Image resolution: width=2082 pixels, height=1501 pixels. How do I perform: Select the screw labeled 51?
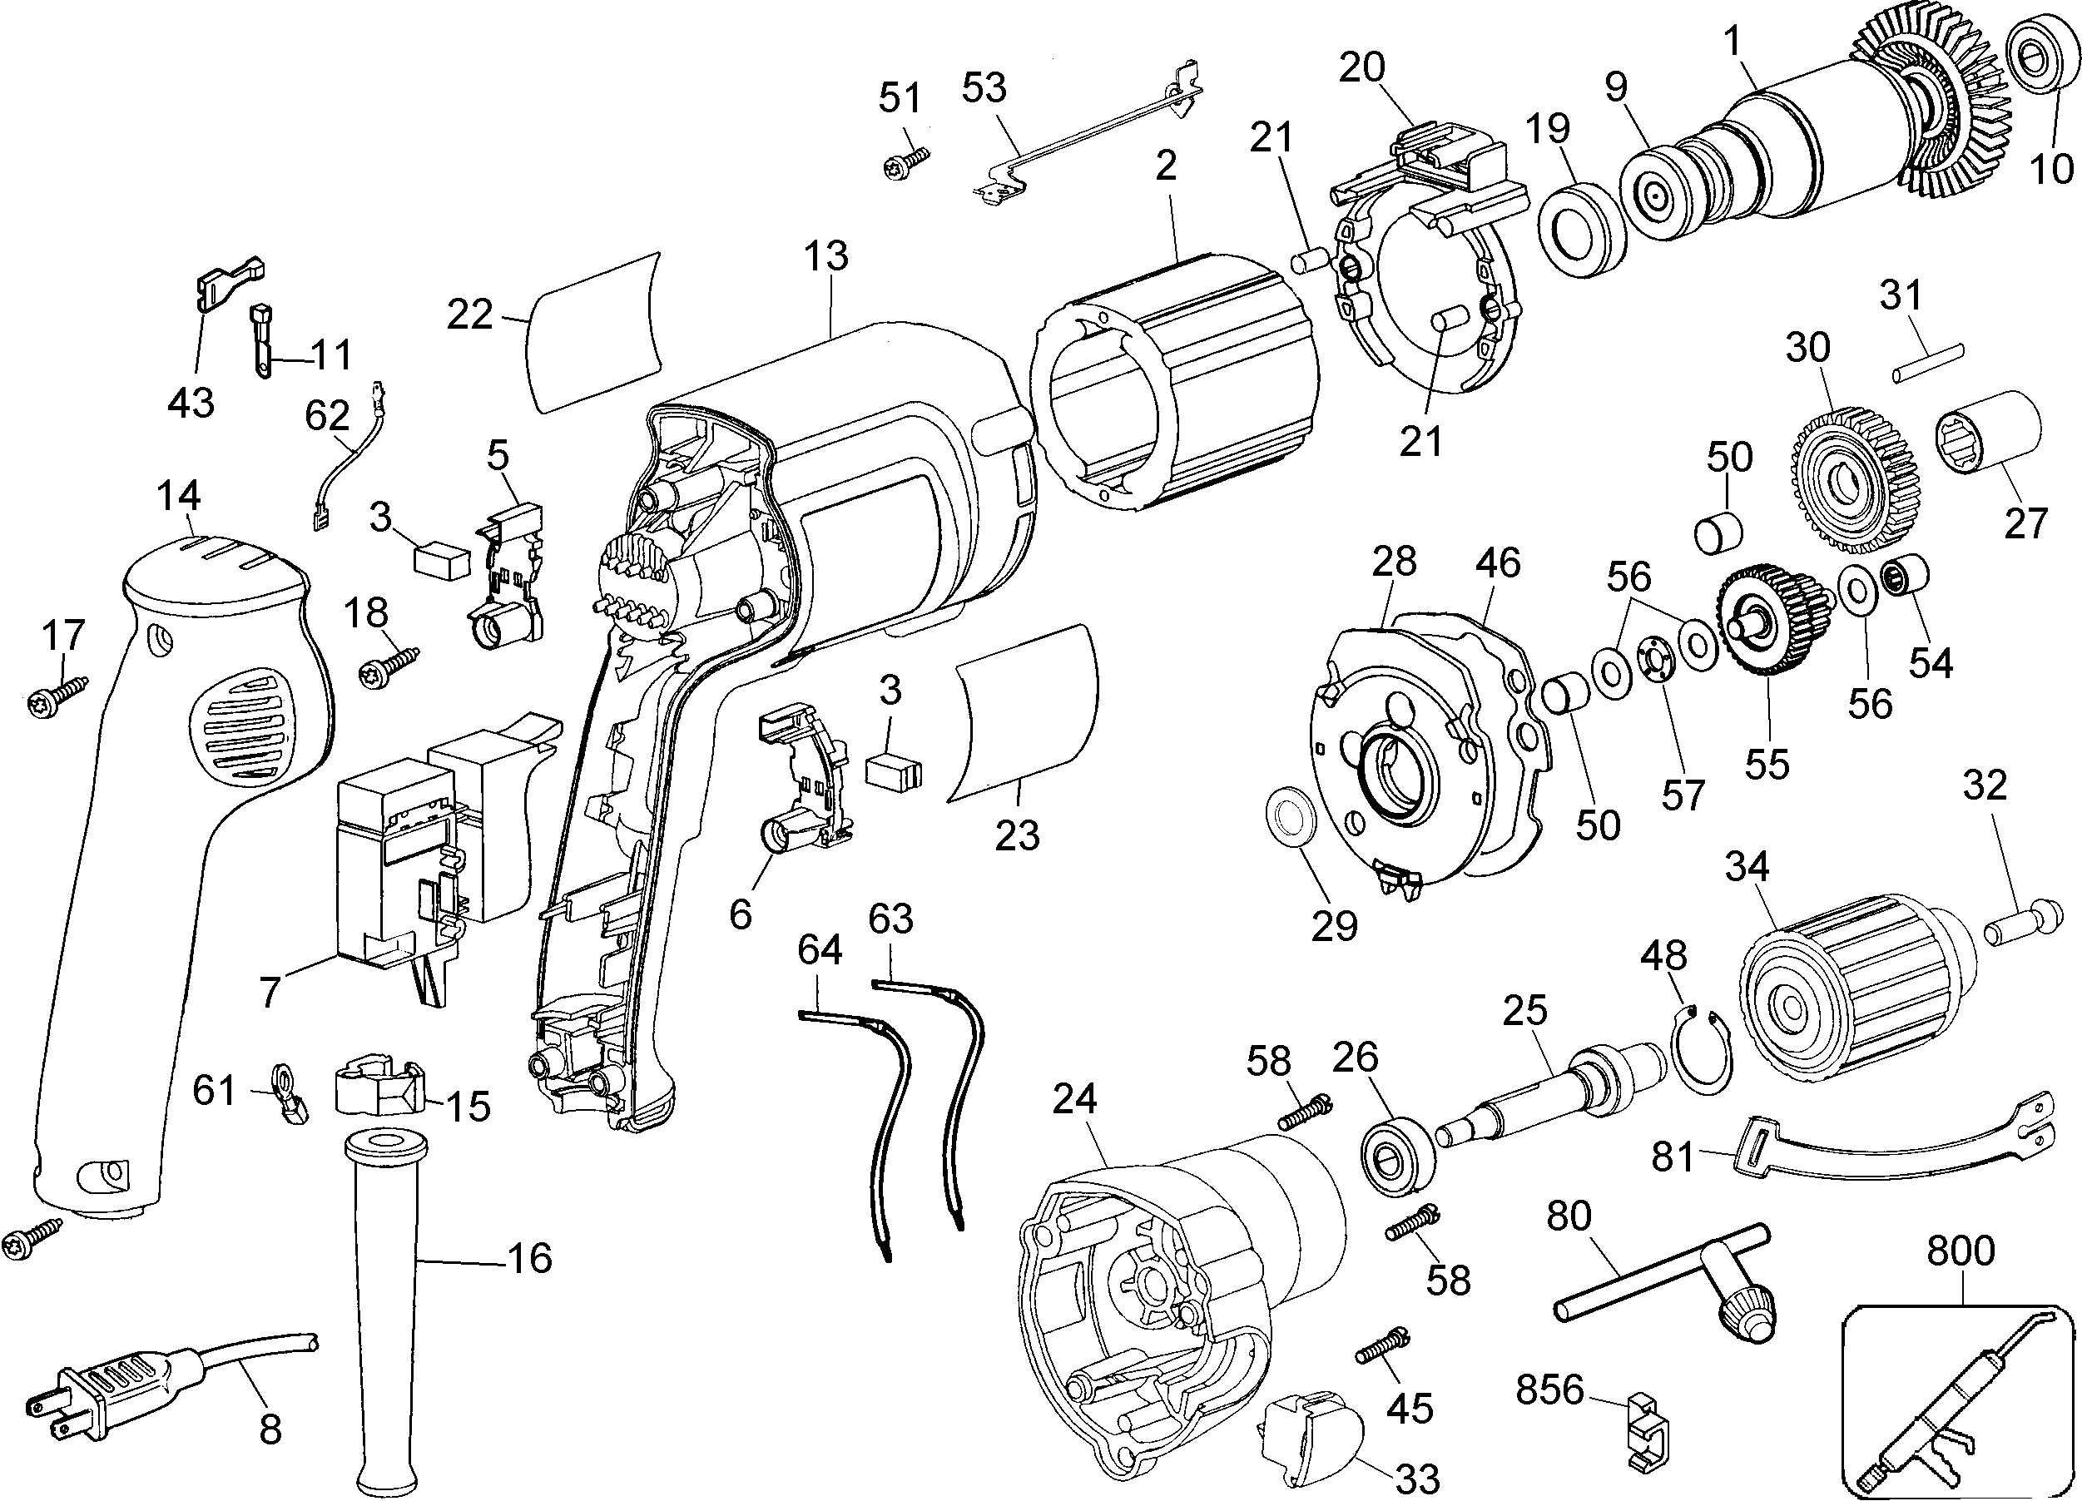(905, 165)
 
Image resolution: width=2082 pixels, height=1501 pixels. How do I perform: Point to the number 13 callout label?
(826, 256)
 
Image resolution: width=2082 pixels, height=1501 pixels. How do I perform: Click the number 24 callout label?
(1074, 1099)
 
